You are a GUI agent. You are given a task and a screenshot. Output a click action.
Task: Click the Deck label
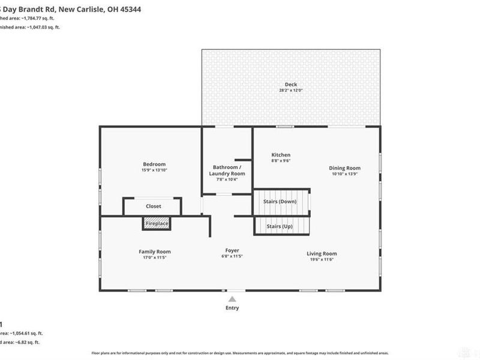(291, 85)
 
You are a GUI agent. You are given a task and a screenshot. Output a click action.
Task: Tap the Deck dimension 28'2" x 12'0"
(291, 91)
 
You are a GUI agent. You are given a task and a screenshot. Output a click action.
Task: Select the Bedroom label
(154, 164)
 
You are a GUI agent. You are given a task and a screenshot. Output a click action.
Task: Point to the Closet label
(154, 206)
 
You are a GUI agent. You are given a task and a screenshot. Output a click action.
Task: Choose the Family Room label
(155, 251)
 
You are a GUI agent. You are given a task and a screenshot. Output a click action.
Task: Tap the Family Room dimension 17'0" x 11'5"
(155, 257)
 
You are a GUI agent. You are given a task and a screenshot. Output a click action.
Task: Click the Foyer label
(232, 250)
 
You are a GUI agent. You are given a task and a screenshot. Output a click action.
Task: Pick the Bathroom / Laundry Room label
(227, 170)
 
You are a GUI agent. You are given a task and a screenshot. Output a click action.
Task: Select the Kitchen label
(281, 155)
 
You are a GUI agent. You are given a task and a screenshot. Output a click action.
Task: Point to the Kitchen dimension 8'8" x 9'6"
(281, 161)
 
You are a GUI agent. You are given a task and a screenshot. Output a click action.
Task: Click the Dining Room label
(344, 168)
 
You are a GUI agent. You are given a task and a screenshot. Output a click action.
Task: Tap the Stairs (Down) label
(280, 202)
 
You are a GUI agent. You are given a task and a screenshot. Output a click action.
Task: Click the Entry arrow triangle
(232, 298)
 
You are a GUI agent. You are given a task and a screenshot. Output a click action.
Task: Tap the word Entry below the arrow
(232, 308)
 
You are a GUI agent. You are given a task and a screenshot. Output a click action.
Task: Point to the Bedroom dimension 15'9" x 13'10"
(154, 170)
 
